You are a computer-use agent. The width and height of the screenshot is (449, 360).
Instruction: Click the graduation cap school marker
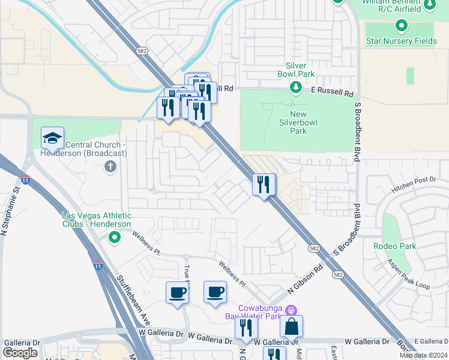point(53,138)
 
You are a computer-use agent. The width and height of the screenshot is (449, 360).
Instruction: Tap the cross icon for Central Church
point(110,166)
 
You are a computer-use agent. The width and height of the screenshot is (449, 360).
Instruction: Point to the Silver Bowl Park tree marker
point(295,88)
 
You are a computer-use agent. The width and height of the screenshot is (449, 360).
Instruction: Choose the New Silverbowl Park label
point(290,122)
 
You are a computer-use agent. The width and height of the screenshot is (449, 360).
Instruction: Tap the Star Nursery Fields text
point(401,41)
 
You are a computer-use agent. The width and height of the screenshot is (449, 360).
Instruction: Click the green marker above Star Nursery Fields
point(401,26)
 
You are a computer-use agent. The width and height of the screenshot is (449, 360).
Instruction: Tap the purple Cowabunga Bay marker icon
point(291,310)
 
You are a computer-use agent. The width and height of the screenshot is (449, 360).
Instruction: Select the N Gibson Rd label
point(306,279)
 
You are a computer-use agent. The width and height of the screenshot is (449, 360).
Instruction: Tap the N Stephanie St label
point(10,208)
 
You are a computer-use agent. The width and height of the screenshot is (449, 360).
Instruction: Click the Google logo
point(20,353)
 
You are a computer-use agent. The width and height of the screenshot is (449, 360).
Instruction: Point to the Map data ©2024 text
point(423,355)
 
